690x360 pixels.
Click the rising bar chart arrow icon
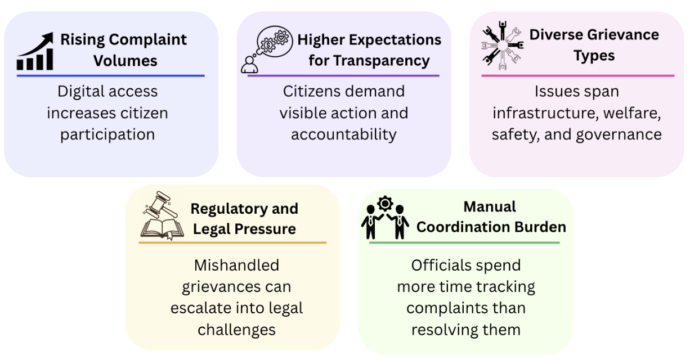(x=35, y=52)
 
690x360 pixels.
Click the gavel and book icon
(x=159, y=217)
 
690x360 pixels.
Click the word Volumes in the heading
(x=126, y=61)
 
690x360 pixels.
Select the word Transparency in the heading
(x=369, y=61)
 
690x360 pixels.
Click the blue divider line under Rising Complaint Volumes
(x=110, y=75)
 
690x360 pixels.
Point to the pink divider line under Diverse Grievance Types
(x=577, y=75)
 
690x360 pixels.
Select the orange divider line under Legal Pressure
(x=232, y=242)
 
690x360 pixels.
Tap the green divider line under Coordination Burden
(x=464, y=242)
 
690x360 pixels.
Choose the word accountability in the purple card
(x=344, y=135)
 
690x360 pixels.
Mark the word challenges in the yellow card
(x=236, y=330)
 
